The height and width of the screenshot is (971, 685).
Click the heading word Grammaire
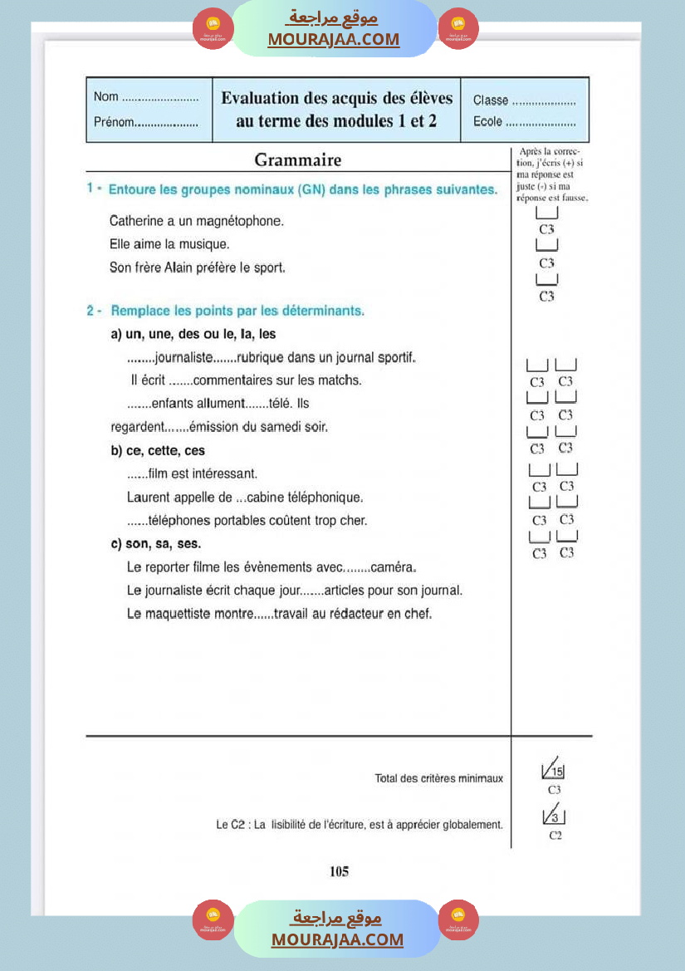click(297, 160)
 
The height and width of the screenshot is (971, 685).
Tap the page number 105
click(339, 871)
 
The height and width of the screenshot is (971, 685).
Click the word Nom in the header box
click(106, 97)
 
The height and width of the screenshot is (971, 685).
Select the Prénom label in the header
click(114, 122)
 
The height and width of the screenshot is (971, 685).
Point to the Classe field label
click(491, 101)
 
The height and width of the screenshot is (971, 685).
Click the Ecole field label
click(487, 122)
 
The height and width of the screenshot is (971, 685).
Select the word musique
click(204, 245)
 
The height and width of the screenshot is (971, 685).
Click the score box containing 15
click(553, 770)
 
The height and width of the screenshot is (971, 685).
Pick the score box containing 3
click(554, 816)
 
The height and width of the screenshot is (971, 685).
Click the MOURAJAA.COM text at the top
click(333, 39)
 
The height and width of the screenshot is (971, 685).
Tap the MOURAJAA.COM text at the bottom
click(337, 939)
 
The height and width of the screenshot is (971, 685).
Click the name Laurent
click(149, 498)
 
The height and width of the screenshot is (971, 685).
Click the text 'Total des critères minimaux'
click(439, 779)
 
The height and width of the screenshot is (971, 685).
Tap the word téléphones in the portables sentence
click(178, 521)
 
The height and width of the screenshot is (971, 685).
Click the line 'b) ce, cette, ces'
click(158, 451)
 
